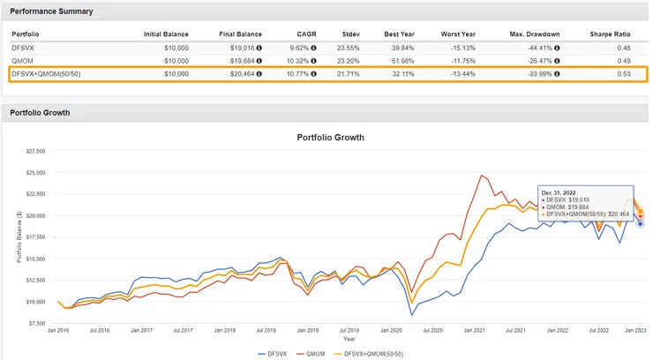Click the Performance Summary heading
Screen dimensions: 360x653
click(52, 11)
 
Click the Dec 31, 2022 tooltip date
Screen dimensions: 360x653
click(559, 192)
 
